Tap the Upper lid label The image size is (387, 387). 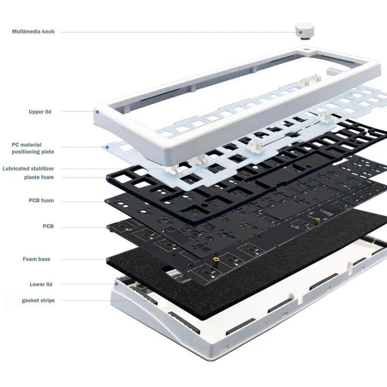pyautogui.click(x=40, y=112)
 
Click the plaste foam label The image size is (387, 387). pyautogui.click(x=39, y=177)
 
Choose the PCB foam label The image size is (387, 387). pyautogui.click(x=41, y=200)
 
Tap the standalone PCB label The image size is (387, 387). pyautogui.click(x=48, y=226)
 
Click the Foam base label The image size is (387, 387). pyautogui.click(x=36, y=259)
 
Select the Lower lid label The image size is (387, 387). pyautogui.click(x=41, y=284)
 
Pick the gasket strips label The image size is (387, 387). pyautogui.click(x=38, y=300)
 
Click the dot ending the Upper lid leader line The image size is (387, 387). pyautogui.click(x=97, y=112)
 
